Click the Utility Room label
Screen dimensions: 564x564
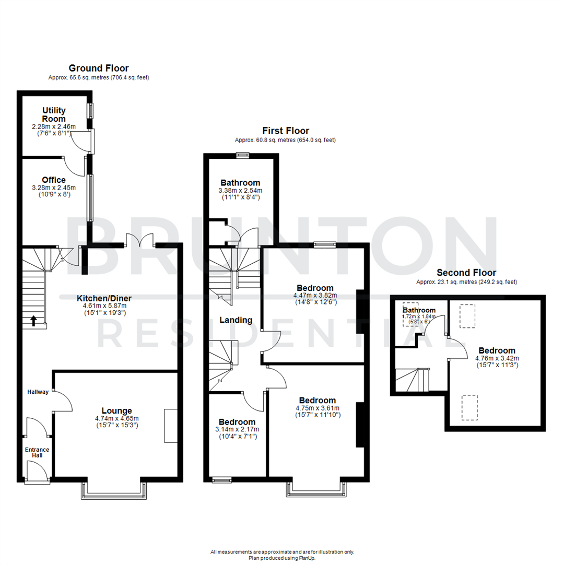pyautogui.click(x=54, y=114)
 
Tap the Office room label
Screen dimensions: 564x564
pyautogui.click(x=54, y=180)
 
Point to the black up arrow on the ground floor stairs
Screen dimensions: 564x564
pyautogui.click(x=34, y=321)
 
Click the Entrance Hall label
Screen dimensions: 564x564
pyautogui.click(x=38, y=452)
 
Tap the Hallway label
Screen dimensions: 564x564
pyautogui.click(x=38, y=392)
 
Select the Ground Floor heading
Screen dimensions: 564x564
pyautogui.click(x=99, y=68)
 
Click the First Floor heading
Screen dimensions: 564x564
pyautogui.click(x=285, y=131)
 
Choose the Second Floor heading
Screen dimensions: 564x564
pyautogui.click(x=466, y=273)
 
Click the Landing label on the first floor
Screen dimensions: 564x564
pyautogui.click(x=236, y=320)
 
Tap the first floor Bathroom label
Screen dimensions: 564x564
pyautogui.click(x=240, y=183)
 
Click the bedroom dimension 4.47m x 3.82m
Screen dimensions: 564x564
pyautogui.click(x=315, y=295)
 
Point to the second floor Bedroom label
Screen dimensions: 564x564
pyautogui.click(x=495, y=350)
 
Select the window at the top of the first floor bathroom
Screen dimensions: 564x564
pyautogui.click(x=242, y=155)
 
